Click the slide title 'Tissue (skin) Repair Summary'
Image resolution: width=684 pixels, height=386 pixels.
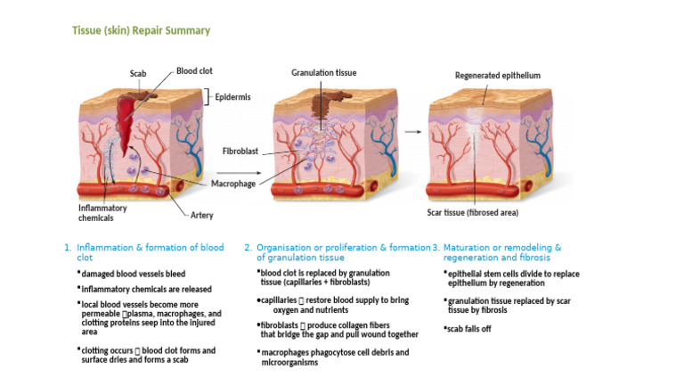coord(141,30)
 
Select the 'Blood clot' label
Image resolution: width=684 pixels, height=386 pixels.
coord(194,70)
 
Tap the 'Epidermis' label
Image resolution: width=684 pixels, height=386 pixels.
coord(234,95)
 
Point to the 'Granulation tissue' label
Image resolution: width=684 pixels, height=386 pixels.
coord(324,72)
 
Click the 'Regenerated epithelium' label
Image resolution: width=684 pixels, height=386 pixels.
coord(498,76)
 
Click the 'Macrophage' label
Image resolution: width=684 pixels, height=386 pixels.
coord(234,183)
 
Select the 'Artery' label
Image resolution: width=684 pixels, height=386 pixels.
coord(202,215)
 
